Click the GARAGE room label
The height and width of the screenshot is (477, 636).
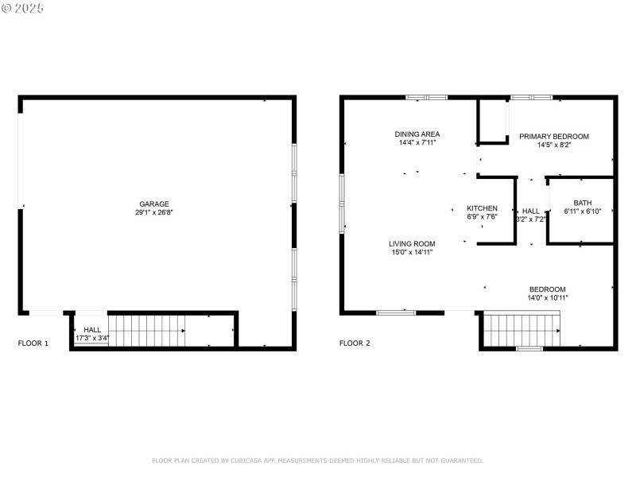pos(154,204)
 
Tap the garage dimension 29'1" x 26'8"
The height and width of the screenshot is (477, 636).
pos(154,213)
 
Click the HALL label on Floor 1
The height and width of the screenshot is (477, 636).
pos(92,329)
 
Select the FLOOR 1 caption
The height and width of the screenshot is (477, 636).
pos(33,343)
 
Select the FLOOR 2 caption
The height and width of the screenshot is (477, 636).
pos(355,343)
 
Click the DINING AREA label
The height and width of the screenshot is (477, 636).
pos(417,134)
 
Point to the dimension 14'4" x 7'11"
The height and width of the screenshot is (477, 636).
pos(417,143)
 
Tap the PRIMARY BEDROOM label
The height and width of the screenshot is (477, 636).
pos(554,136)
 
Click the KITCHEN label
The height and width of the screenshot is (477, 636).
pos(482,208)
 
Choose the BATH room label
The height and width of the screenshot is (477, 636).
pos(583,202)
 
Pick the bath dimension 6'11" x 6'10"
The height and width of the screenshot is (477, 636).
pos(583,211)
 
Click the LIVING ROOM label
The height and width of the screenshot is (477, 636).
pos(412,243)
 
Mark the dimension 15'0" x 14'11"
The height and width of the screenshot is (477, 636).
pos(412,253)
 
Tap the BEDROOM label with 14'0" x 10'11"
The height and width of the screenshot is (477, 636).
pos(548,289)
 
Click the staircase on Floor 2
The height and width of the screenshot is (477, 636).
pos(522,329)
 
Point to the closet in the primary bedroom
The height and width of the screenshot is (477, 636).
pos(492,121)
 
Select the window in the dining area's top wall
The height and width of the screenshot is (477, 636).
pos(427,97)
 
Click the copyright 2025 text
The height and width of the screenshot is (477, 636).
pos(23,8)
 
